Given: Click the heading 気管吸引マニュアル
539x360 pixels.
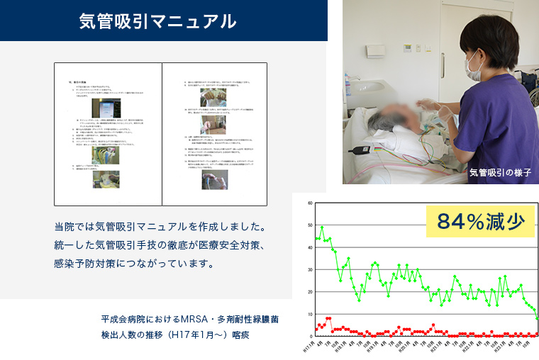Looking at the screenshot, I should [157, 21].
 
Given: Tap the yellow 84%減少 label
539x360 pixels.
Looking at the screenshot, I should [480, 222].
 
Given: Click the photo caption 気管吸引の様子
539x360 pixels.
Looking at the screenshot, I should [499, 172].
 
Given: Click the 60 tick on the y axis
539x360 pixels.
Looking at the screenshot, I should [310, 203].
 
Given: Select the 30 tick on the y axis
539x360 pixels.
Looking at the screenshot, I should [310, 270].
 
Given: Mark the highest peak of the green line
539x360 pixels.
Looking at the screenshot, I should [322, 228].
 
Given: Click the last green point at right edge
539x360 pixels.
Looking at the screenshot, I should [537, 317].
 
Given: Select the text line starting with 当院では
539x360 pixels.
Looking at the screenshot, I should [160, 227].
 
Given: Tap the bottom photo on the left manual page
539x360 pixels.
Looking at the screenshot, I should [106, 179].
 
